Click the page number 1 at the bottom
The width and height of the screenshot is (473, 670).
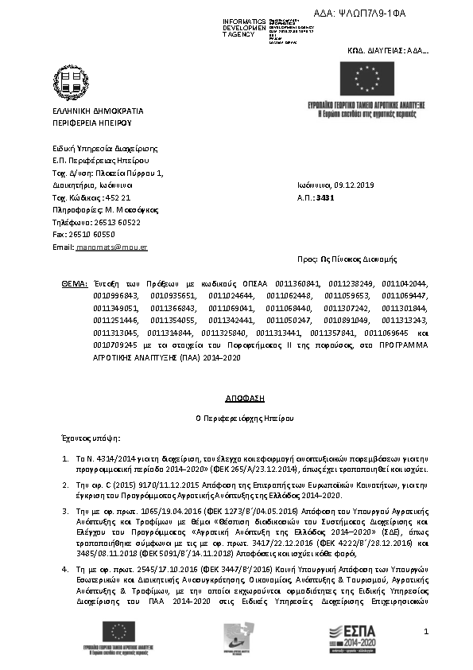pos(426,632)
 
